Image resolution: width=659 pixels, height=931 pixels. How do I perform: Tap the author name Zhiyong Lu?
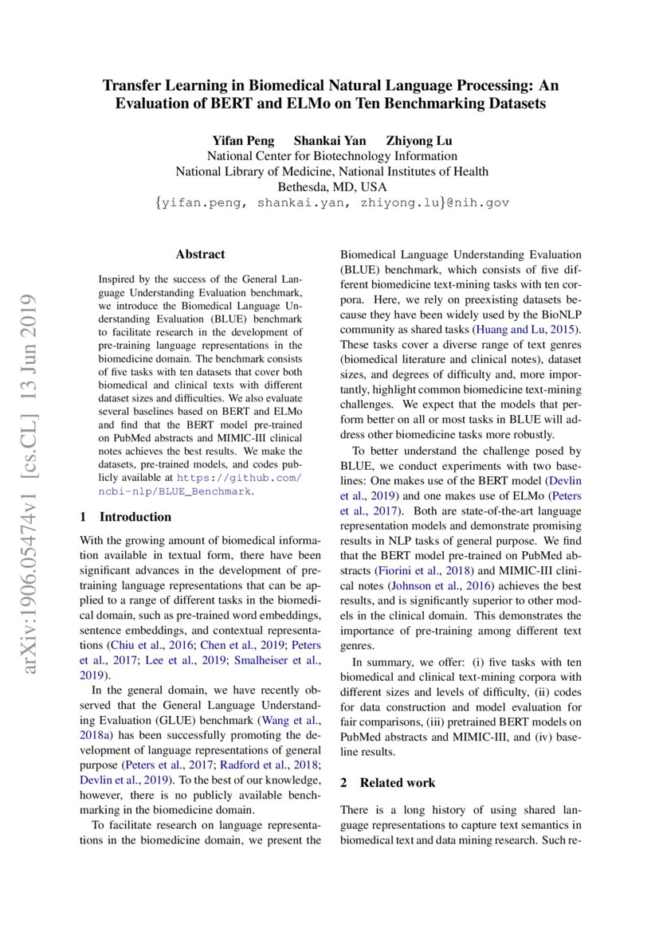[419, 141]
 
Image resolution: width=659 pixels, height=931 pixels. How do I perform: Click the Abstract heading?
[200, 255]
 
